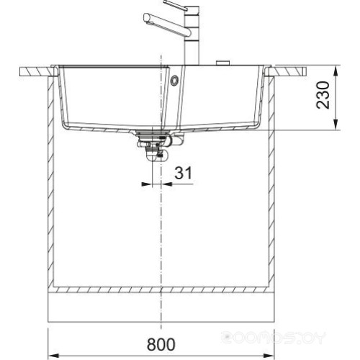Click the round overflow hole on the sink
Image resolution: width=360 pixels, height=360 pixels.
(x=173, y=82)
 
